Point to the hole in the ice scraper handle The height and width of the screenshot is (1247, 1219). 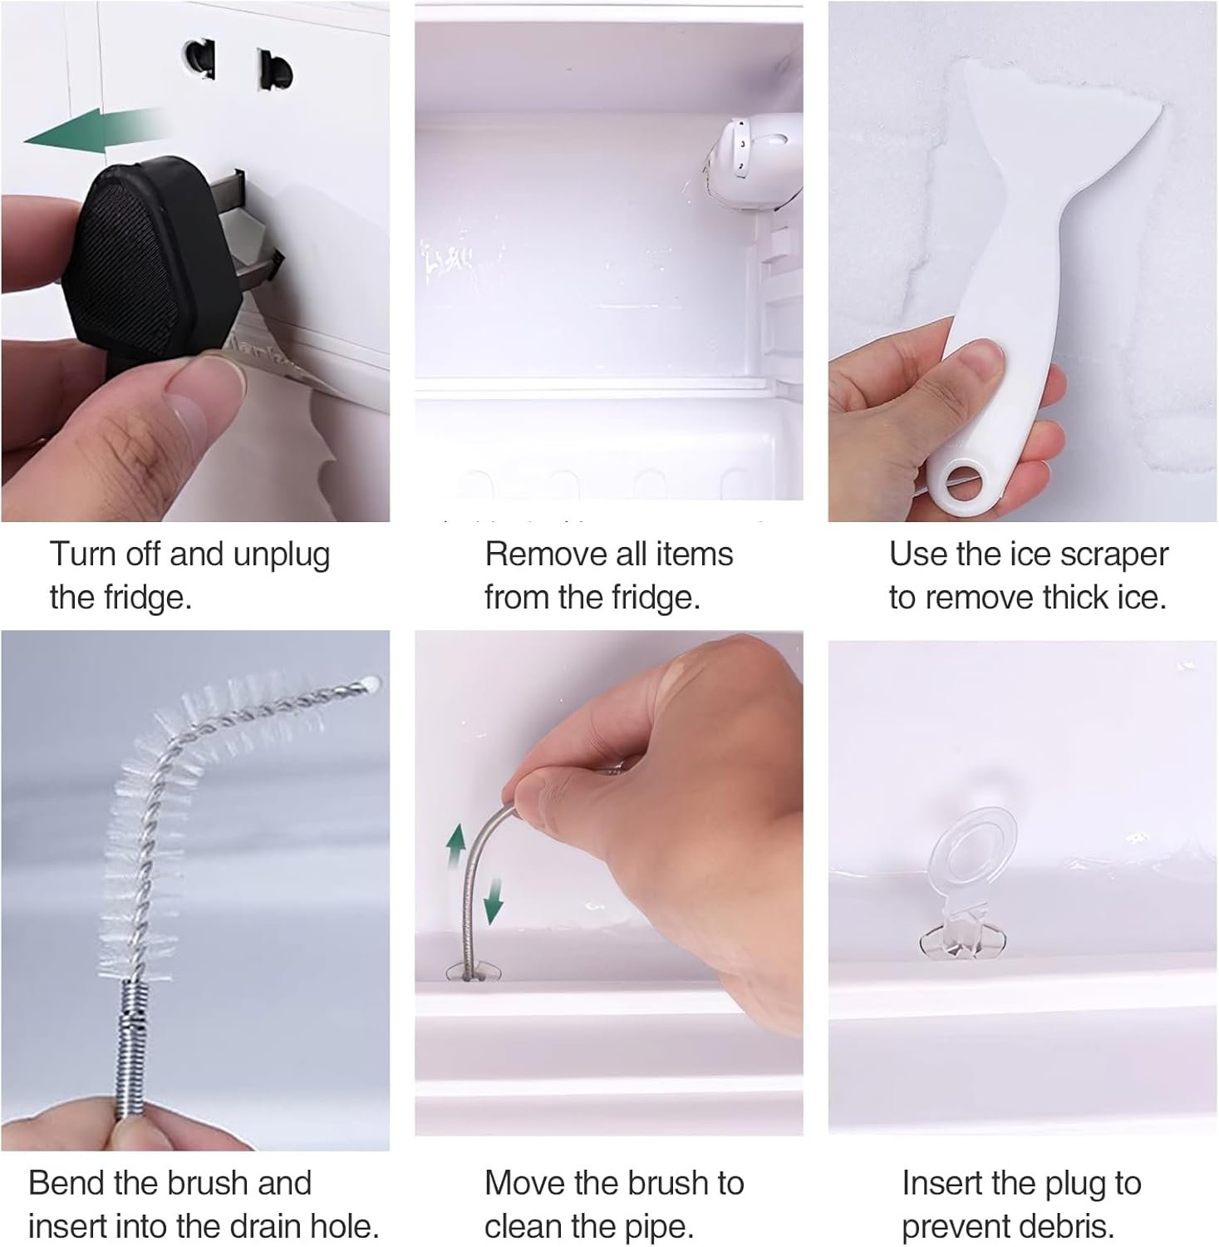click(x=959, y=483)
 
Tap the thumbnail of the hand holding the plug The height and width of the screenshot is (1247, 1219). click(x=195, y=261)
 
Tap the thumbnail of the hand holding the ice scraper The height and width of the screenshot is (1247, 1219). click(x=1022, y=261)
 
